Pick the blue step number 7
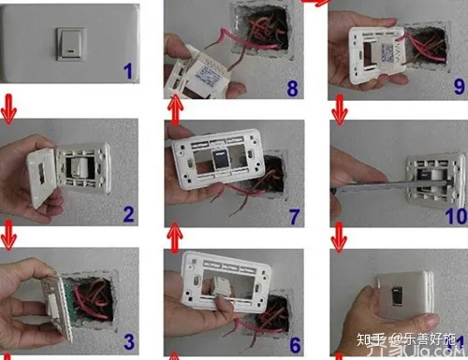pyautogui.click(x=294, y=217)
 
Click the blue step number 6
pyautogui.click(x=294, y=343)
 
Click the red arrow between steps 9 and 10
pyautogui.click(x=339, y=112)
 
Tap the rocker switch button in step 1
pyautogui.click(x=69, y=40)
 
